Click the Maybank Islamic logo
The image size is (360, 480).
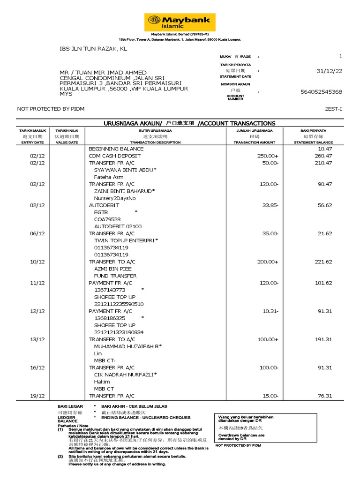180,22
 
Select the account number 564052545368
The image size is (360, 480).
321,92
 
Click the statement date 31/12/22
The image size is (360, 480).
330,71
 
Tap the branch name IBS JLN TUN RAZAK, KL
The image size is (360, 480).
93,49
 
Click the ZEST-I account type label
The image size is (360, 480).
333,109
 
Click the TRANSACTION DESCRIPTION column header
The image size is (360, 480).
155,142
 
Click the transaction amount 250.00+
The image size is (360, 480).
268,156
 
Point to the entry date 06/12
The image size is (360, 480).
37,233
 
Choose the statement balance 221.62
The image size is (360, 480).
323,262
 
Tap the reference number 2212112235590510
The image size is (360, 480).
119,304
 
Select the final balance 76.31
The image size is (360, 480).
324,396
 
